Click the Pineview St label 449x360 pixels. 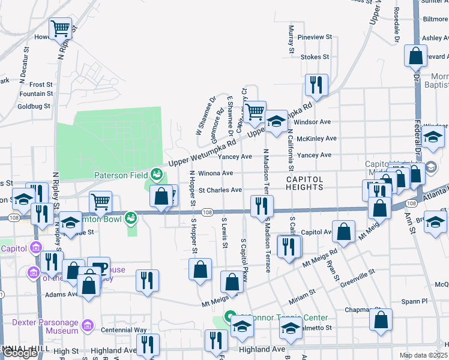(x=315, y=37)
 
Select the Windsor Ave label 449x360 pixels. (x=313, y=122)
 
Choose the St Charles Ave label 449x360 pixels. (x=220, y=190)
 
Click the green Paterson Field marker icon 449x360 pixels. (x=157, y=174)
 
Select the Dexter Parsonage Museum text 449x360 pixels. (x=45, y=326)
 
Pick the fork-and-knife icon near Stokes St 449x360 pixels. (x=315, y=85)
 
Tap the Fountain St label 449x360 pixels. (x=36, y=94)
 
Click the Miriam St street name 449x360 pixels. (x=304, y=292)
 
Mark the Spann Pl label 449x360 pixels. (x=415, y=301)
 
